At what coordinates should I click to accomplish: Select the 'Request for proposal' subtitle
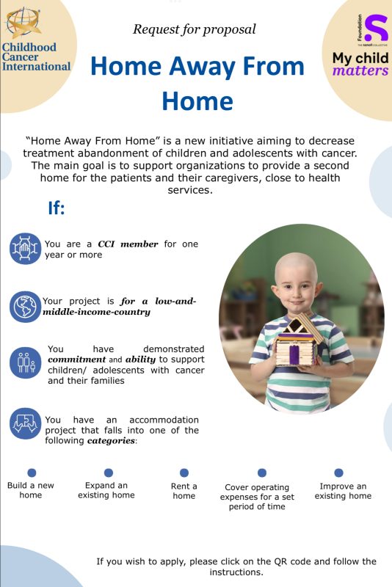pos(195,29)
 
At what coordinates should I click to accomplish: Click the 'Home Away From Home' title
pos(197,82)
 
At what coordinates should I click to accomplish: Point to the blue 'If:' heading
pos(57,208)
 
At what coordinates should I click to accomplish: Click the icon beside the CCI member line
pos(25,249)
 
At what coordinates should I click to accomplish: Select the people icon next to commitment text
pos(25,364)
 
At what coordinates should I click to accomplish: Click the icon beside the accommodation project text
pos(25,423)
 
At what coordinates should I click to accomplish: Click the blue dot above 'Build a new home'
pos(32,473)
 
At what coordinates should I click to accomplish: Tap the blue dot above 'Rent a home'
pos(184,473)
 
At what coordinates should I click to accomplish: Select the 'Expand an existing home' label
pos(106,490)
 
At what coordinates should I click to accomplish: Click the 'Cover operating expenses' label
pos(257,497)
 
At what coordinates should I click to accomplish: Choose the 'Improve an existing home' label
pos(343,491)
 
